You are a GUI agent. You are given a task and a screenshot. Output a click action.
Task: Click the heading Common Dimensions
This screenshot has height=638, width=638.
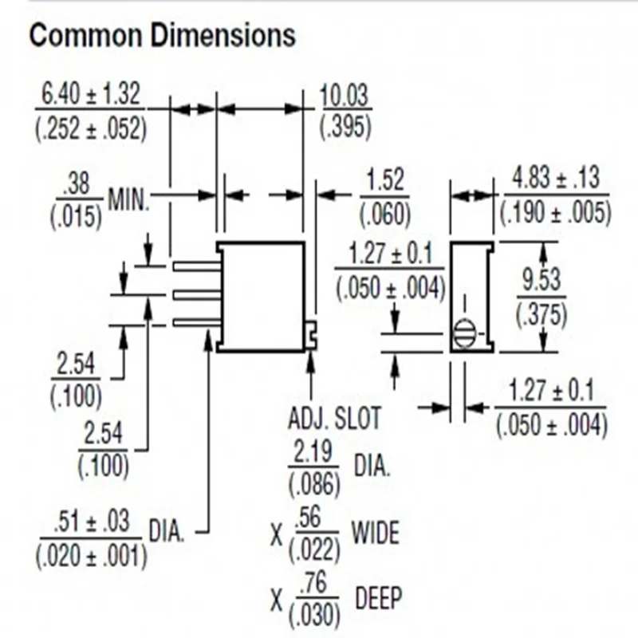tap(162, 36)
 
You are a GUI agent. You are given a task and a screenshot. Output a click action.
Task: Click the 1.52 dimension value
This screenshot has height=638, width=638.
tap(384, 181)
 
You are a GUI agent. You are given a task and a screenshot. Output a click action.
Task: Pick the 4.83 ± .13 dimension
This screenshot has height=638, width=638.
tap(555, 177)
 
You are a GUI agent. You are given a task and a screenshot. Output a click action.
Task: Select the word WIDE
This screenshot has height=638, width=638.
tap(375, 532)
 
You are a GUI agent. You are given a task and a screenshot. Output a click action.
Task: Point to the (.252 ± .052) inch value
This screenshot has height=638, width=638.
tap(91, 128)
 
